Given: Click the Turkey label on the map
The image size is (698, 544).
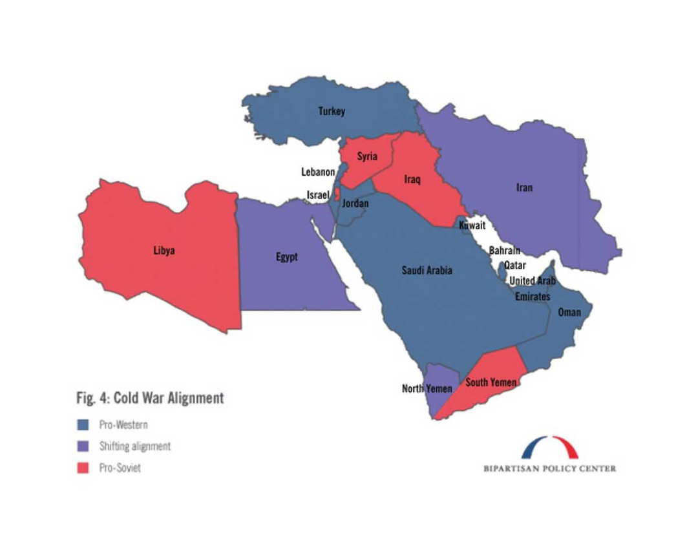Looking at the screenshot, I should tap(332, 111).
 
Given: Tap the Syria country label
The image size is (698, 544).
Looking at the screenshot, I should tap(367, 156).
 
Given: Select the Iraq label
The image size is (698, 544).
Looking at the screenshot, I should tap(412, 180).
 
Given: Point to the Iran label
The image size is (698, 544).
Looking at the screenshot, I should tap(524, 187).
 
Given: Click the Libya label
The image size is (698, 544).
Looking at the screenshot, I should tap(164, 251).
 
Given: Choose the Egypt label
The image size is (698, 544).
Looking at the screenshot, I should tap(287, 256).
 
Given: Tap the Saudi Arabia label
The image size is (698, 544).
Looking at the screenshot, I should tap(427, 270).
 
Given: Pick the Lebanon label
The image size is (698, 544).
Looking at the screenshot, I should tap(318, 172).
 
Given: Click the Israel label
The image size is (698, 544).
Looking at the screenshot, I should tap(318, 194).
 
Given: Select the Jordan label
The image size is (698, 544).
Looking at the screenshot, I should tap(355, 203).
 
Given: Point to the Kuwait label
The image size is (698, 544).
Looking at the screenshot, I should tap(472, 225).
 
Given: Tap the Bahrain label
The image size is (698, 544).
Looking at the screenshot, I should tap(505, 251).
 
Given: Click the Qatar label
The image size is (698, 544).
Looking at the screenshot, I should tap(515, 265).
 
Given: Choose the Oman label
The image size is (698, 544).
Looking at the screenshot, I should tap(569, 312).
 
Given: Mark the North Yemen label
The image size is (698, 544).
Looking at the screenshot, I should tap(427, 388).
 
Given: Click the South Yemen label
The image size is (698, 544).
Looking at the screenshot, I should tap(491, 382).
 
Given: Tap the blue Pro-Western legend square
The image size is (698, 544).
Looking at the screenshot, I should tap(83, 425).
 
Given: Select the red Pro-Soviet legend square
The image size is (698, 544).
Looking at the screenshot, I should tap(83, 468).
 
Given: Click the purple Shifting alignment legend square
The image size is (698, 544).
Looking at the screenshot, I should tap(83, 446).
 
